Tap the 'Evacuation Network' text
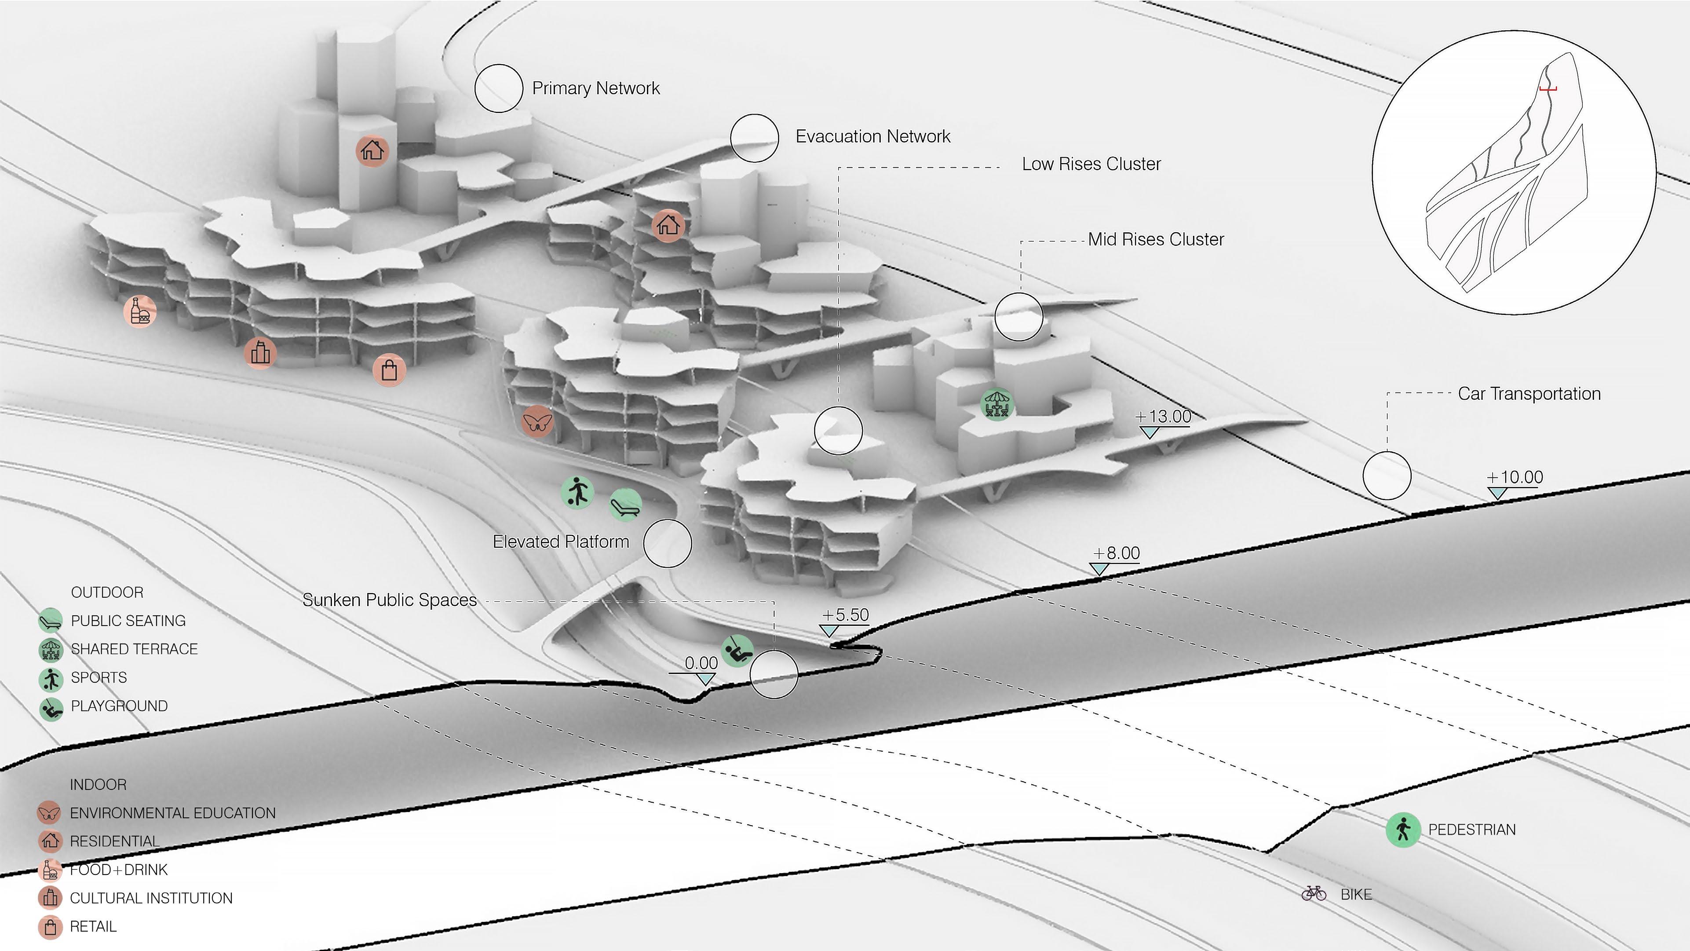(x=872, y=136)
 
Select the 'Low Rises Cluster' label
(x=1091, y=164)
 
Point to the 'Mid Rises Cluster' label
(x=1155, y=240)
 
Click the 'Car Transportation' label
(x=1529, y=394)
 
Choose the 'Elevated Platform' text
(x=560, y=542)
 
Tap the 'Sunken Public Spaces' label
(x=389, y=600)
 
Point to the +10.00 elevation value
(x=1515, y=477)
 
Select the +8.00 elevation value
(x=1117, y=553)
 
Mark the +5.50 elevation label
(x=845, y=615)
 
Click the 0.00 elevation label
(x=701, y=663)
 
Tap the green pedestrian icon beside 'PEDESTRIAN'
(x=1403, y=830)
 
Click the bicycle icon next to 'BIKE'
(x=1314, y=894)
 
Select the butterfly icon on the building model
(x=537, y=421)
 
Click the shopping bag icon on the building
(x=389, y=370)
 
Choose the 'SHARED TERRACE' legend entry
(x=134, y=649)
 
